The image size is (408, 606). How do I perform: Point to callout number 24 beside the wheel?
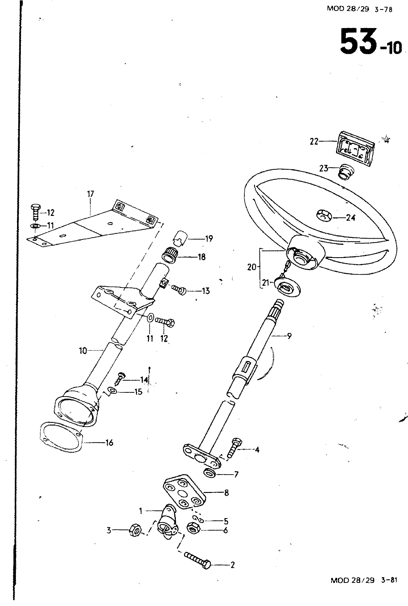[x=350, y=218]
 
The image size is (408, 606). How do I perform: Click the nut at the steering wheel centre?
[x=324, y=216]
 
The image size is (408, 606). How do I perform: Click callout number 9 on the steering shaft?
[x=289, y=336]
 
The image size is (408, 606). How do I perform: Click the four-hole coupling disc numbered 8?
[x=183, y=492]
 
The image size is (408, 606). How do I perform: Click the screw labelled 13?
[x=179, y=290]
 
